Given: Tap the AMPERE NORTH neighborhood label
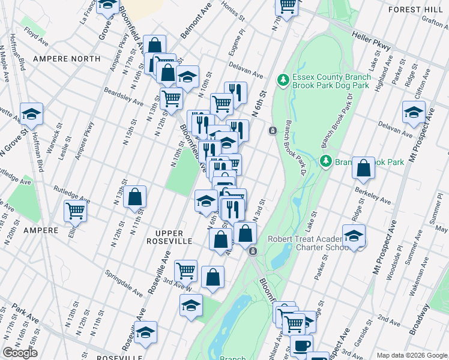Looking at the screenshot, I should click(67, 59).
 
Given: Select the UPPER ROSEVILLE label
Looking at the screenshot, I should click(173, 241).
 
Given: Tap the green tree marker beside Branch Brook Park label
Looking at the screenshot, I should click(325, 161).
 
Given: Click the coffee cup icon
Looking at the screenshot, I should click(302, 345).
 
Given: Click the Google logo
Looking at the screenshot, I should click(20, 353).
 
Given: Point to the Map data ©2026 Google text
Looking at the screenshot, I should click(411, 355).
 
